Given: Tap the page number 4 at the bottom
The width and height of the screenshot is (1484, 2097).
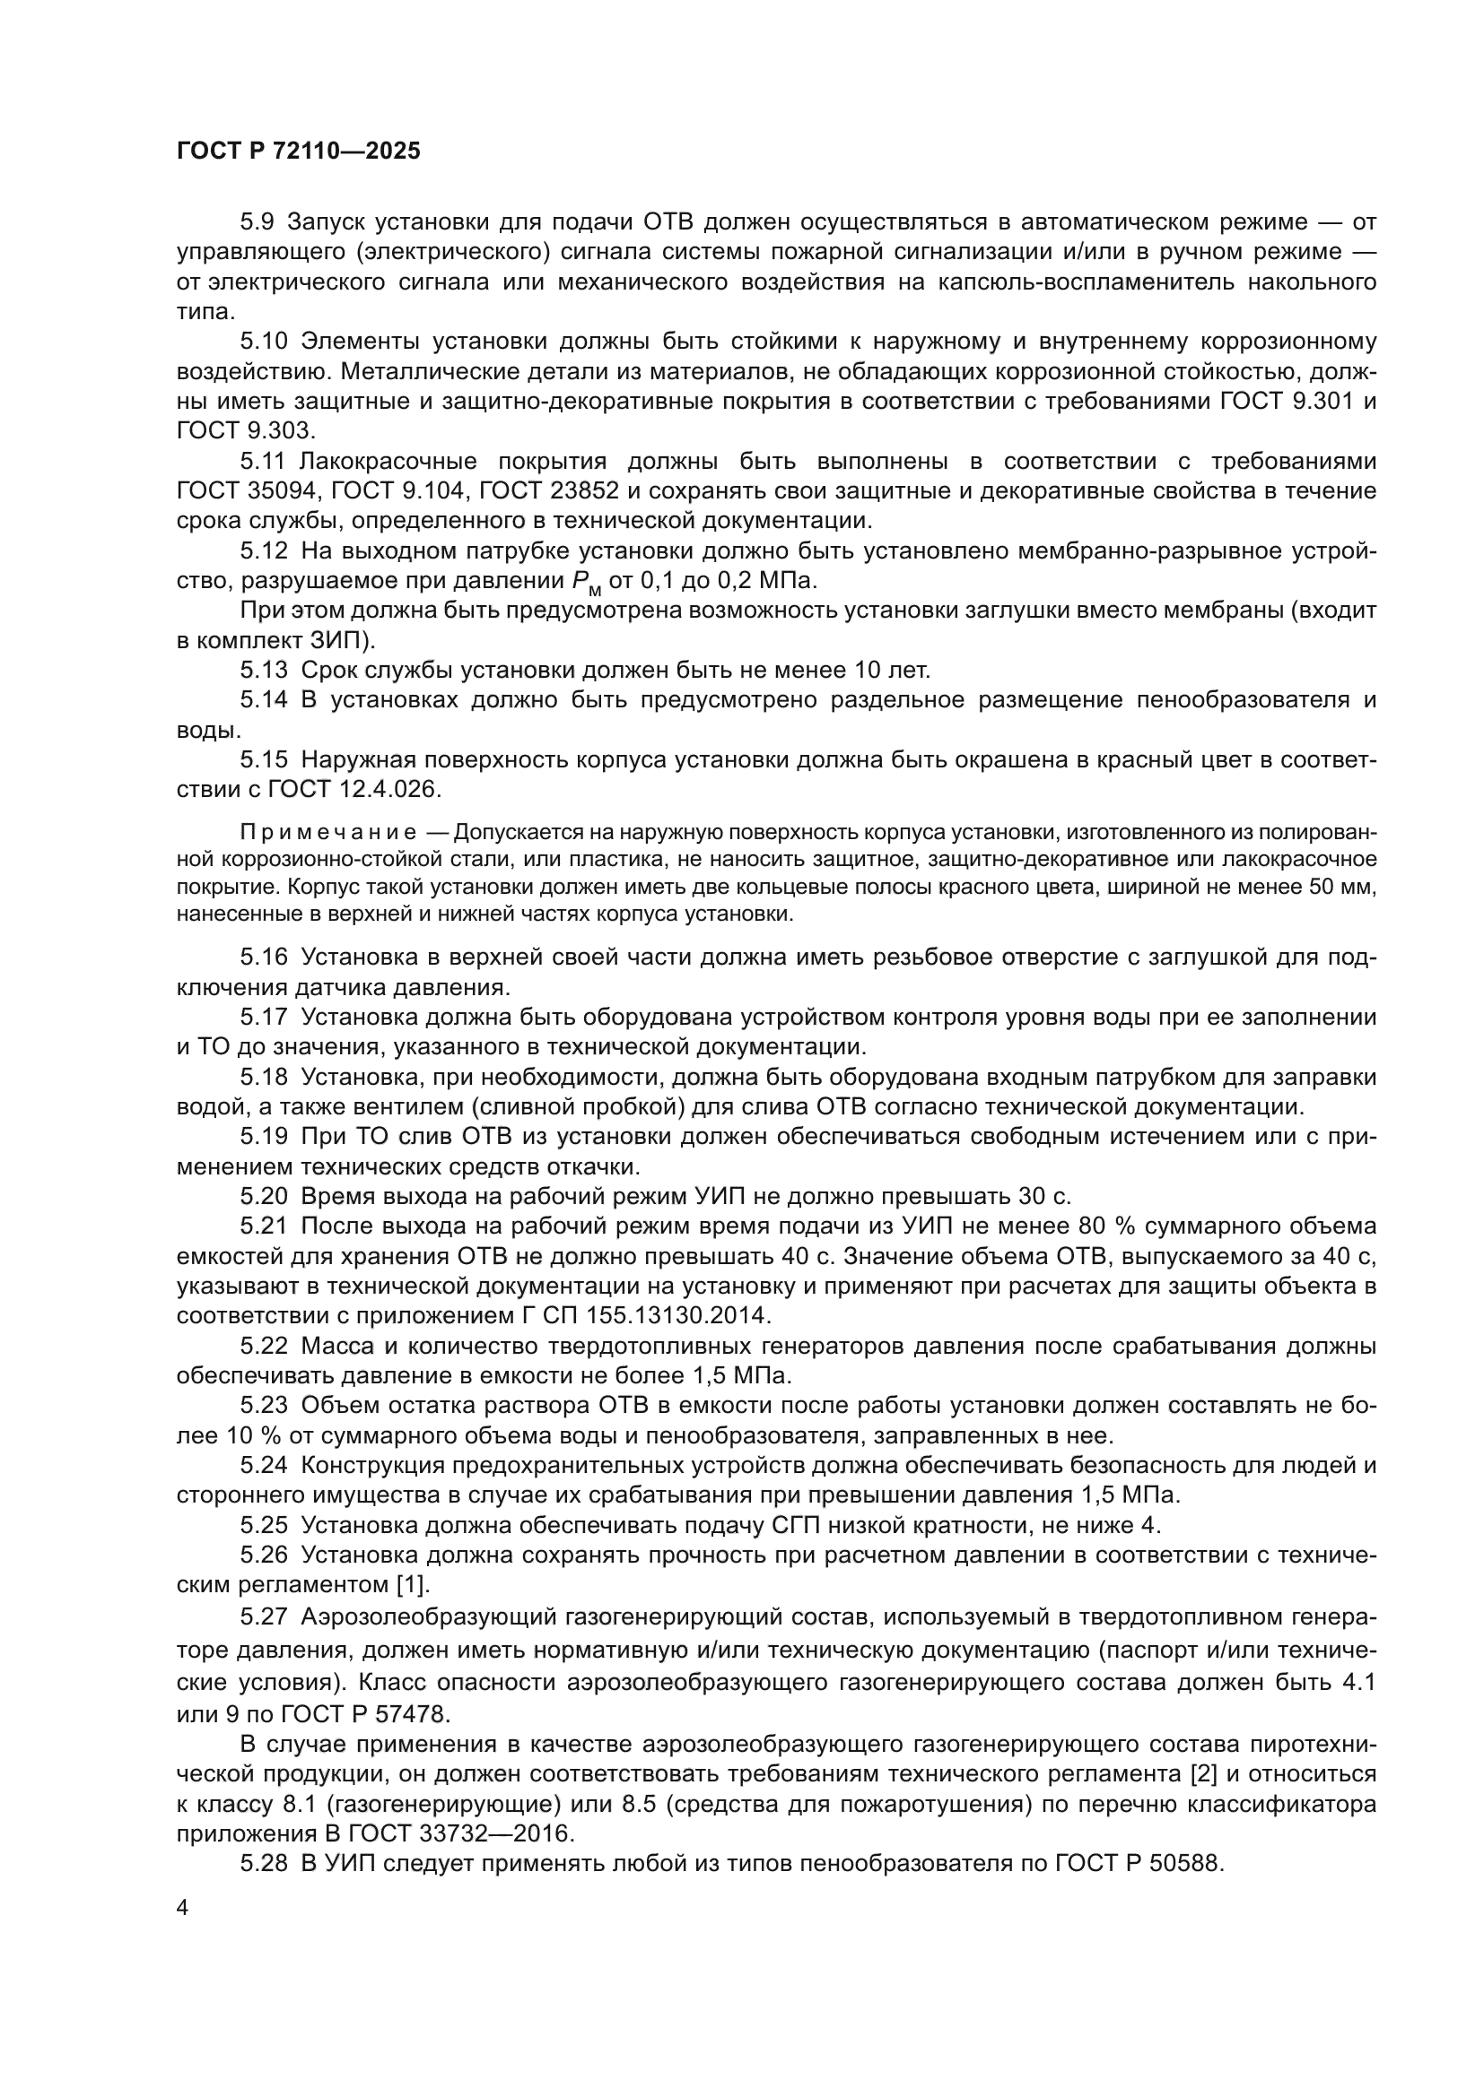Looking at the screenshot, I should (183, 1908).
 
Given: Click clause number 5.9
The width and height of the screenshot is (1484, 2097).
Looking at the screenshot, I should (258, 222).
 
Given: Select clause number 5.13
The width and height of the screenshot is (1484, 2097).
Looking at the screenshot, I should (263, 671).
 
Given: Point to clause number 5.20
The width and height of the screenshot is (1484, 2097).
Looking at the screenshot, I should (263, 1196).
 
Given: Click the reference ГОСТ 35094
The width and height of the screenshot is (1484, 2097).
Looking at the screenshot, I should (247, 491).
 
